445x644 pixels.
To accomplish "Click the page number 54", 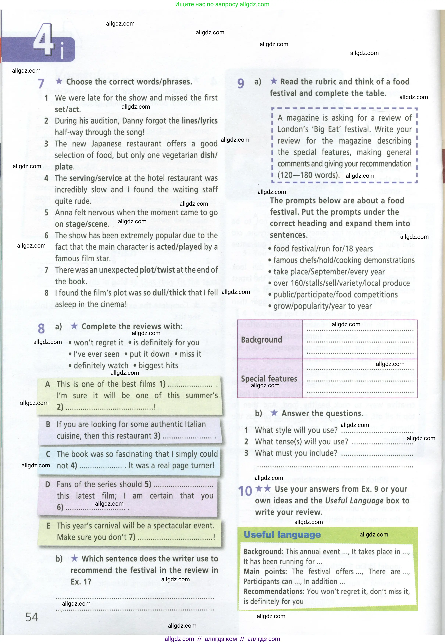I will [x=32, y=617].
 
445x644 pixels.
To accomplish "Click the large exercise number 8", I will [x=41, y=328].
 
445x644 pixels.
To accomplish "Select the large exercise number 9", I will [x=241, y=83].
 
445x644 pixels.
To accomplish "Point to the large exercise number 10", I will [x=245, y=491].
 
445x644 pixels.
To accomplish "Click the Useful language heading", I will [x=282, y=534].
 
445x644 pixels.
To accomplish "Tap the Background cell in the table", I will [x=262, y=340].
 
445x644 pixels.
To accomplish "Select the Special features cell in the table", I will [x=269, y=379].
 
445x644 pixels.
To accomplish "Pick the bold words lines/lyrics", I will [x=199, y=121].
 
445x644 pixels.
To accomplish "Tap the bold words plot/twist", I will [x=157, y=270].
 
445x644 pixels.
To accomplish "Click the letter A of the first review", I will [x=48, y=384].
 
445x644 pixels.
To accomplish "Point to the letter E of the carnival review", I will [x=48, y=525].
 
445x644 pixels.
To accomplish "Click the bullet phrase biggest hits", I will [x=158, y=366].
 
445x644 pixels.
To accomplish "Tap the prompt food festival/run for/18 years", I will [x=323, y=249].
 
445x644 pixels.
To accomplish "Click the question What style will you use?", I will [x=296, y=430].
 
